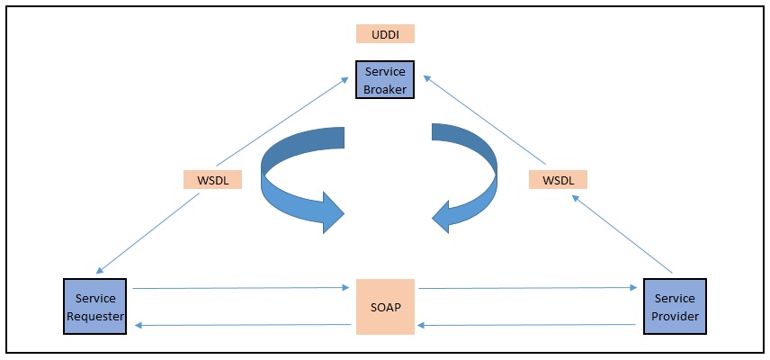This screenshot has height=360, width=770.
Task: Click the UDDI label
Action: point(385,34)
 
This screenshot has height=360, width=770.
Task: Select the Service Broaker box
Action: point(385,80)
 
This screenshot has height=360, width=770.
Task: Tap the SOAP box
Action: point(385,307)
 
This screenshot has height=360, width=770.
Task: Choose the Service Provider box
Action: point(674,307)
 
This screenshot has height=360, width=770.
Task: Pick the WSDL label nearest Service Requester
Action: point(212,179)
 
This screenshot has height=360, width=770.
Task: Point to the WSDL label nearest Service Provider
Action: point(558,179)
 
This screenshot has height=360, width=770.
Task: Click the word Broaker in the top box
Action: point(385,88)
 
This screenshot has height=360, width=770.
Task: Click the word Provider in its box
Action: point(674,316)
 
